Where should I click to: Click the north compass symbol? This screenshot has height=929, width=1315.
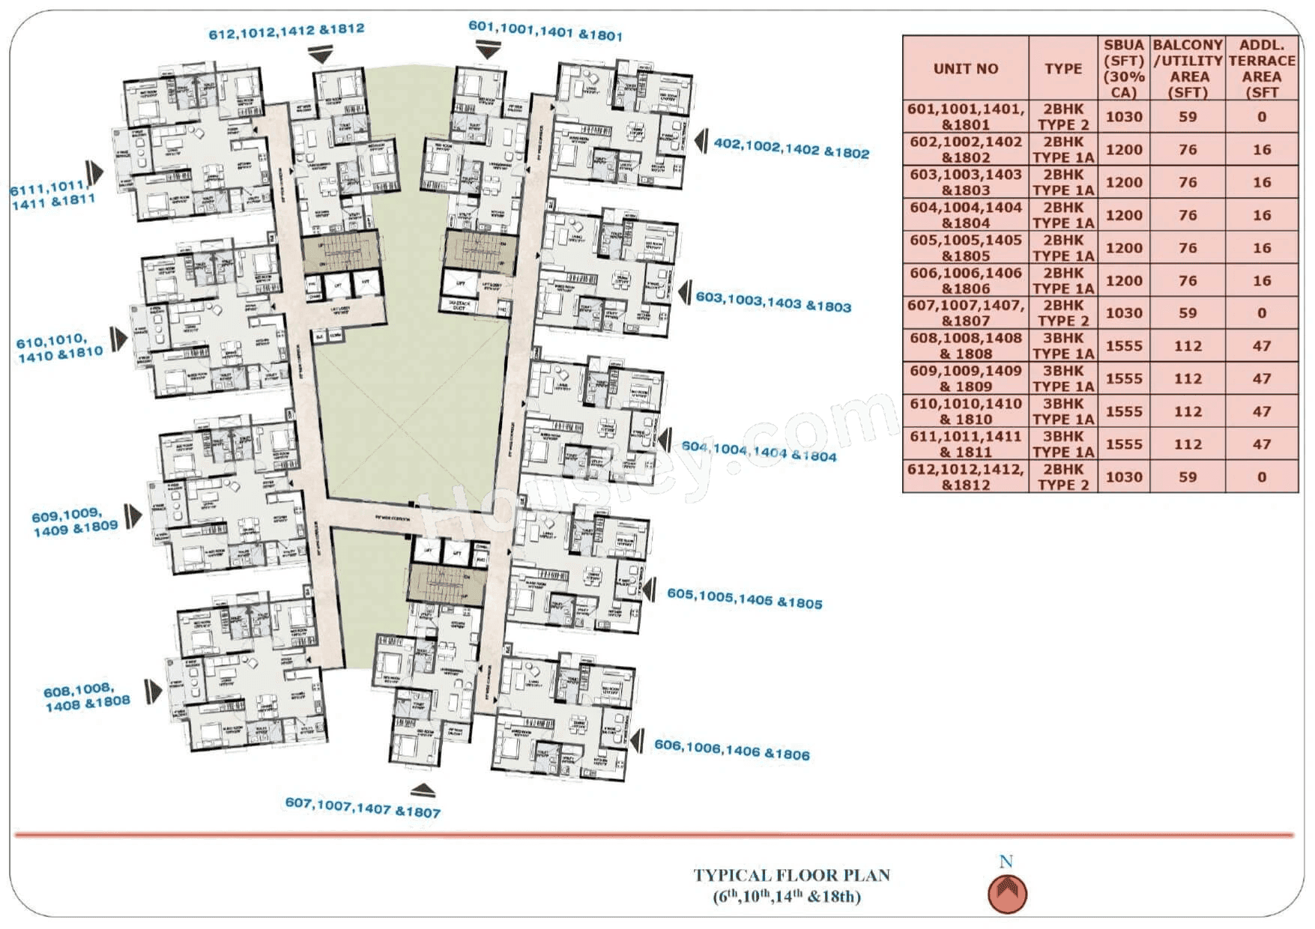coord(1007,893)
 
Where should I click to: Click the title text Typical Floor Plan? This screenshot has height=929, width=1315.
coord(791,875)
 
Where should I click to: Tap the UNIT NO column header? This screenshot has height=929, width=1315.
coord(965,68)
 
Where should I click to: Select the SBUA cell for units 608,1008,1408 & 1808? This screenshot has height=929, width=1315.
coord(1124,346)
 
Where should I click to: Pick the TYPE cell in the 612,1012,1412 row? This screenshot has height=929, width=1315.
coord(1062,477)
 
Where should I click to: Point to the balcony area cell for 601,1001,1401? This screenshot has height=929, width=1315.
coord(1188,117)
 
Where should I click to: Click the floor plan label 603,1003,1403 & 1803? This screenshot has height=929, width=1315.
coord(773,301)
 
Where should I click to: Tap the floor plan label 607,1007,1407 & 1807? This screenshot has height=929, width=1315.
coord(363,808)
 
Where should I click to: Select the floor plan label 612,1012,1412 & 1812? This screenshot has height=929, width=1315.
coord(286,31)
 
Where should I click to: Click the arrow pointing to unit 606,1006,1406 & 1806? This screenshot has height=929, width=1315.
coord(637,742)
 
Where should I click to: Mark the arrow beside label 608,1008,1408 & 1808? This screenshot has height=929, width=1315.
coord(154,691)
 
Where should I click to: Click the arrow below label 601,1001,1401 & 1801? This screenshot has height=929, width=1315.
coord(488,51)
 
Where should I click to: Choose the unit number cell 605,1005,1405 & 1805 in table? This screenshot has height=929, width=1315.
coord(965,248)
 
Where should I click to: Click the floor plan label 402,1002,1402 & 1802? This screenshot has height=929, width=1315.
coord(790,148)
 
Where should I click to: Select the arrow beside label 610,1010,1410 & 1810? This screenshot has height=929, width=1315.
coord(118,339)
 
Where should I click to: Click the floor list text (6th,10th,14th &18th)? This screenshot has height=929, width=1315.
coord(787,897)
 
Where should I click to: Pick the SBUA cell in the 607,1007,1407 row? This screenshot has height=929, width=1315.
coord(1124,313)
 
